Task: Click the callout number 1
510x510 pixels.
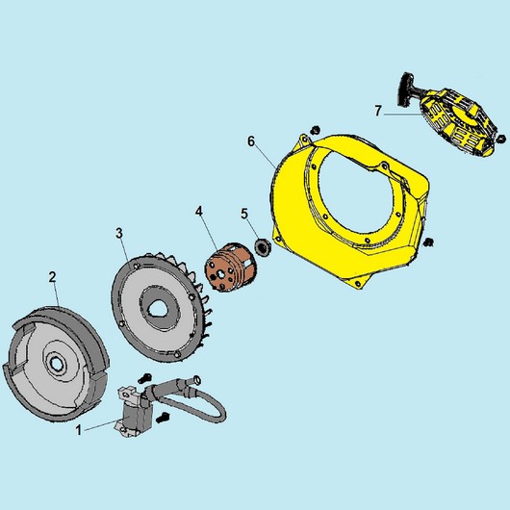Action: (78, 430)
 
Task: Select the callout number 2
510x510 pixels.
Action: (52, 277)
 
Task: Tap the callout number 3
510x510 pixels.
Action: (119, 233)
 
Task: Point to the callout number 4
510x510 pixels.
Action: (199, 212)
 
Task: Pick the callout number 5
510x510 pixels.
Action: (244, 214)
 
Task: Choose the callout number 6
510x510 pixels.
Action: (251, 141)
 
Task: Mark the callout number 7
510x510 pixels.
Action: (377, 111)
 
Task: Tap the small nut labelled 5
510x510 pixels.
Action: (262, 246)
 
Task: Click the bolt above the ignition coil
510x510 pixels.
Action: (145, 377)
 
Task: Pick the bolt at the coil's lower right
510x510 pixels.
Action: (163, 418)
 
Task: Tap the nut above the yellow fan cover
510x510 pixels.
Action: (315, 130)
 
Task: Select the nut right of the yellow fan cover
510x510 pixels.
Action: (429, 242)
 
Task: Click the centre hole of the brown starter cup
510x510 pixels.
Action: (221, 274)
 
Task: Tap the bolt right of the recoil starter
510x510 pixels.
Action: (501, 139)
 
